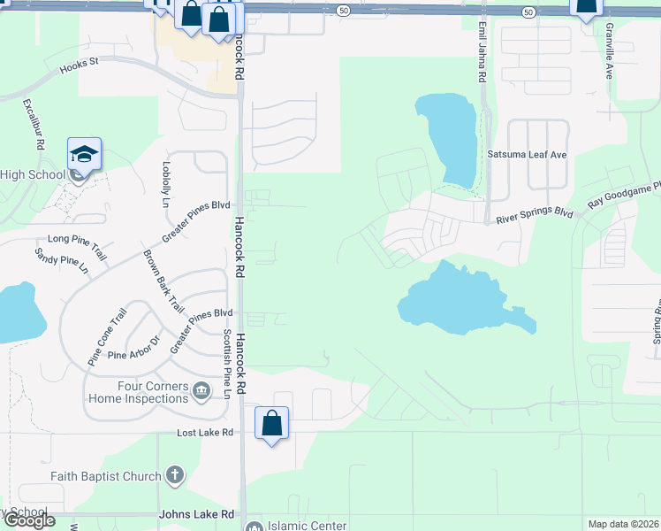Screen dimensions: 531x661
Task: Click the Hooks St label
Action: [79, 65]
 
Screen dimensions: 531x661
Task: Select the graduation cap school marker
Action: [85, 155]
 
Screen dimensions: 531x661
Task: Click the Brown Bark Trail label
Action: [163, 281]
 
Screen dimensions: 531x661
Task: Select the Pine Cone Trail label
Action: [108, 335]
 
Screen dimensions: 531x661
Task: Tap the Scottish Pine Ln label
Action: [227, 363]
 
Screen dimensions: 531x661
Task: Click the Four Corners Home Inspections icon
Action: [201, 389]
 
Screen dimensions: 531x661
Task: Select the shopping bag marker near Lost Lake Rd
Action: [271, 424]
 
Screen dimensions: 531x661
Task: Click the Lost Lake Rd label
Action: [204, 433]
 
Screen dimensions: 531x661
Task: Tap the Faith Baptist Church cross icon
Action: [174, 476]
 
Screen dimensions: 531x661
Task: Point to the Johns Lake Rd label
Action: [196, 514]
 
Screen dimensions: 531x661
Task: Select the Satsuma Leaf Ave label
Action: [527, 154]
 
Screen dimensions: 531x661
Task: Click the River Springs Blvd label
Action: [536, 214]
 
